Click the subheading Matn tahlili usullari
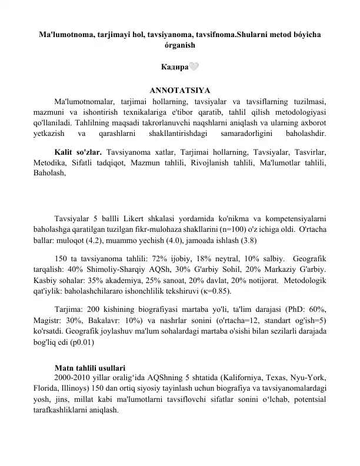(x=89, y=368)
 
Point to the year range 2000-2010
(x=74, y=378)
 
